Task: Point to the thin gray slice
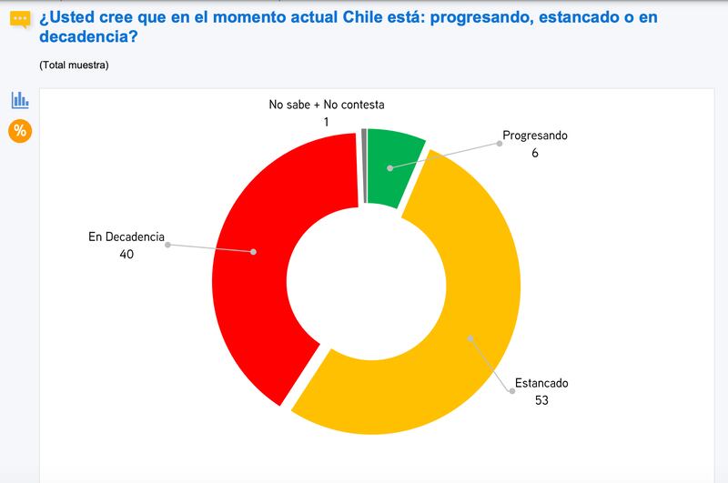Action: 364,166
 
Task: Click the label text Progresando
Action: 535,136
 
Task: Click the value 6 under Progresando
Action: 535,153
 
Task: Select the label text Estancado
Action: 541,383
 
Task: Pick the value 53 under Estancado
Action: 541,400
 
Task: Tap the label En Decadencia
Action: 126,237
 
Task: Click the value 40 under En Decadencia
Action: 126,255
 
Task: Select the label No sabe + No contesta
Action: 327,105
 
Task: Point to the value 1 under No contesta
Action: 327,122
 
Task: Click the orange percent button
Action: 20,131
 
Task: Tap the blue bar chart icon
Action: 20,100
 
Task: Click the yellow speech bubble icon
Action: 20,20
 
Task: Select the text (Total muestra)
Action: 74,65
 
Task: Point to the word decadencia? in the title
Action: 88,36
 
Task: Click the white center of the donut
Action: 367,281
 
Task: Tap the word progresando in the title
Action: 481,17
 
